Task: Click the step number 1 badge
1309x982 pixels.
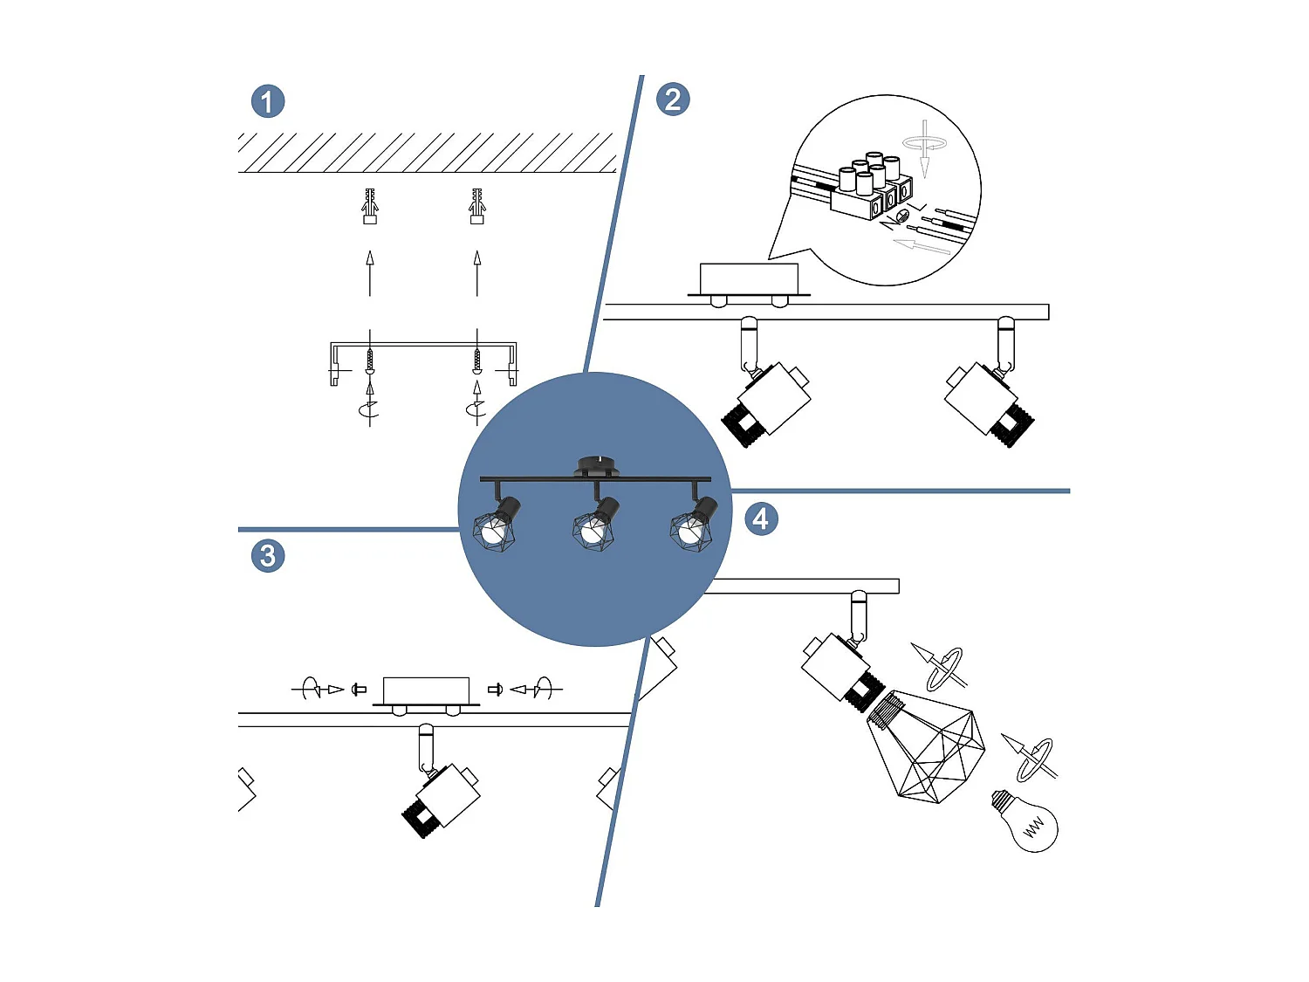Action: click(x=268, y=101)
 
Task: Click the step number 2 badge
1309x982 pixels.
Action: click(x=672, y=100)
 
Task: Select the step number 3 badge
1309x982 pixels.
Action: click(x=268, y=556)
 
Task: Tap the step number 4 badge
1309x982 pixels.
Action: click(x=760, y=519)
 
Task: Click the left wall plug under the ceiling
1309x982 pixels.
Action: click(x=370, y=207)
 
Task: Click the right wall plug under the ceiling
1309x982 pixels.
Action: click(x=476, y=207)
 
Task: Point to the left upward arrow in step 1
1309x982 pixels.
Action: click(x=370, y=273)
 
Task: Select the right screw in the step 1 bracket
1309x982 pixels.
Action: click(x=476, y=360)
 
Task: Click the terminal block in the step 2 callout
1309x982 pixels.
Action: click(x=869, y=188)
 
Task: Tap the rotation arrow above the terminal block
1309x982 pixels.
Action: click(x=924, y=145)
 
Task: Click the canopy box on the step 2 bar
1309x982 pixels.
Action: click(x=749, y=279)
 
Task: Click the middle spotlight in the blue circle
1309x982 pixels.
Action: click(x=595, y=524)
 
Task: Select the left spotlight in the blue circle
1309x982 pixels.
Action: click(x=497, y=524)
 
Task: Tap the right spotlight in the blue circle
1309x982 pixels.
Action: click(x=693, y=524)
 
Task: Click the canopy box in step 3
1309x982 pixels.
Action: click(x=426, y=690)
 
